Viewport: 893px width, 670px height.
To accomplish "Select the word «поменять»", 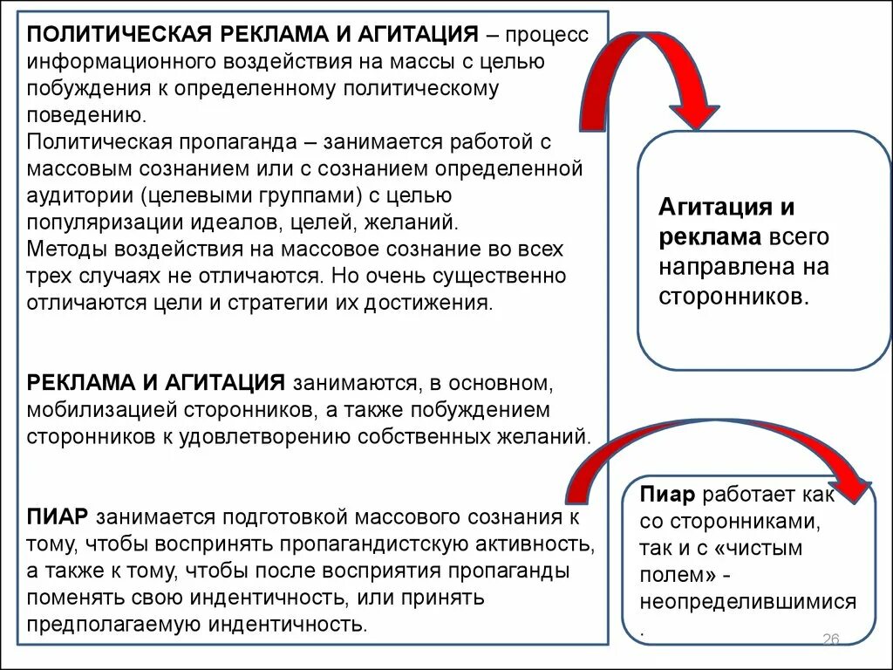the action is pos(72,598).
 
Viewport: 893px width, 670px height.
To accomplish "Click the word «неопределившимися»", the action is pos(747,602).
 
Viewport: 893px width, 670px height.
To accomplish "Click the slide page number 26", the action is pos(830,640).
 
